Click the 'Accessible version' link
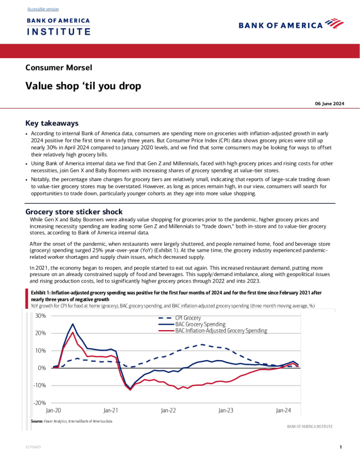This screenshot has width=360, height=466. (x=43, y=9)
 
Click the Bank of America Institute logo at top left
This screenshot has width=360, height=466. (x=58, y=26)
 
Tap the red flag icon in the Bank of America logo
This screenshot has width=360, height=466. (x=334, y=24)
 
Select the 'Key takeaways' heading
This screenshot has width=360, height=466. (x=52, y=124)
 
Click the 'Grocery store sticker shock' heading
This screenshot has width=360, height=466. (x=74, y=211)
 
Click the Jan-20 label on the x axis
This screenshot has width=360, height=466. (x=54, y=411)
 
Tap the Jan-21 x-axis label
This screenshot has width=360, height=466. (x=111, y=411)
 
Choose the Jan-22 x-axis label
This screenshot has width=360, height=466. (x=169, y=411)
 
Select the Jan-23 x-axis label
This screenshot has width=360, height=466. (x=226, y=411)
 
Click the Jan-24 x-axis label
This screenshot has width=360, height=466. (x=284, y=411)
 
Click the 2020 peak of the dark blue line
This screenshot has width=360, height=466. (x=73, y=324)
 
